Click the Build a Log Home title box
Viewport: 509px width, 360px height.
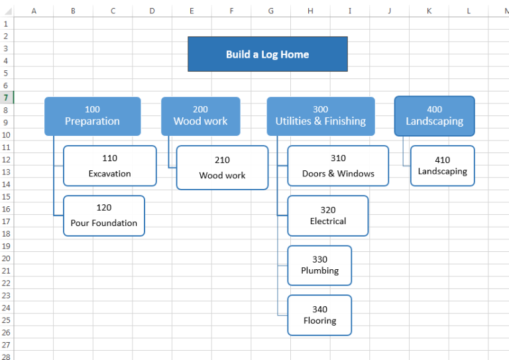(x=267, y=54)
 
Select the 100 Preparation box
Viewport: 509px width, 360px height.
(x=92, y=116)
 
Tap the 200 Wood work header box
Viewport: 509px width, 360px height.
(x=200, y=116)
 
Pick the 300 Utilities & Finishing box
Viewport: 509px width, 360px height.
(x=320, y=116)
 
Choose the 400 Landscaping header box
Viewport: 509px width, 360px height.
(x=434, y=116)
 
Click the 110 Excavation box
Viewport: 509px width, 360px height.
(x=110, y=166)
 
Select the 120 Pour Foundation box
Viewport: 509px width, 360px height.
(x=104, y=215)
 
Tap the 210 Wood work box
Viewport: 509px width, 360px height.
(x=222, y=168)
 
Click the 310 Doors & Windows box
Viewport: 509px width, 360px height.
(x=338, y=166)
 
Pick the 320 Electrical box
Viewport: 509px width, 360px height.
(x=328, y=215)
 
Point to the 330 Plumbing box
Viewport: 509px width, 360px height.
(x=319, y=265)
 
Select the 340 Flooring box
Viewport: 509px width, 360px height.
(x=319, y=315)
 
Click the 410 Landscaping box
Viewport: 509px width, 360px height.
(x=442, y=166)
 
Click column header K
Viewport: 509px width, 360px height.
(x=429, y=11)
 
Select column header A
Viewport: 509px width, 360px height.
(x=34, y=11)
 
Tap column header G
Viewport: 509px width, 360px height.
(x=271, y=11)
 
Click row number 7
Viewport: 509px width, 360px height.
(x=6, y=97)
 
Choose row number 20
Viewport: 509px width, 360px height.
(x=6, y=259)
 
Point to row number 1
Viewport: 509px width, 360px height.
(x=6, y=23)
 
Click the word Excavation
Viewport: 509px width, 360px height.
(x=110, y=174)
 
